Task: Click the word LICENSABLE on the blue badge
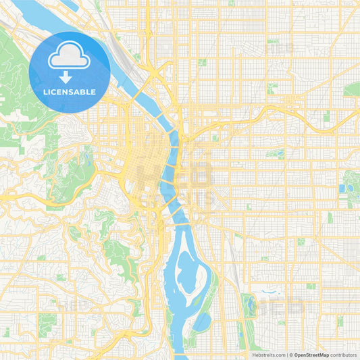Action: click(70, 91)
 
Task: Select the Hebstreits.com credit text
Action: click(268, 355)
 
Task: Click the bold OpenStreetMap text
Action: click(311, 355)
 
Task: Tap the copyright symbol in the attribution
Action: click(290, 355)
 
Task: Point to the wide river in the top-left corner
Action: click(41, 14)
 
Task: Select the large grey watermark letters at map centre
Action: click(179, 179)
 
